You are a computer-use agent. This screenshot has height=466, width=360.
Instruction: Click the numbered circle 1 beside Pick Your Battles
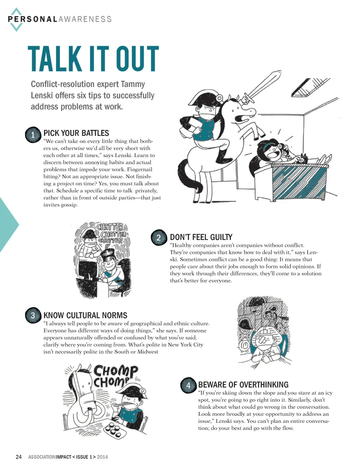(x=33, y=135)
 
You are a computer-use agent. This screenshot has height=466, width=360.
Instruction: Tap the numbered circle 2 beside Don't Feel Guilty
(x=159, y=238)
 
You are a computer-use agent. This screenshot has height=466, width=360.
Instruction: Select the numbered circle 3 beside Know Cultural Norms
(x=33, y=315)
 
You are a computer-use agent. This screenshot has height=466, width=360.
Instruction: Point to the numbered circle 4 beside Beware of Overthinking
(x=188, y=385)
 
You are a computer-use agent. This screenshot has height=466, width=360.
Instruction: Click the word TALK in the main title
(x=55, y=59)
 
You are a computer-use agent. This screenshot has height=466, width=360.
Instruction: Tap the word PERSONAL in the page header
(x=32, y=19)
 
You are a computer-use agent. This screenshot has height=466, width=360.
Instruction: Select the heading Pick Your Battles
(x=76, y=133)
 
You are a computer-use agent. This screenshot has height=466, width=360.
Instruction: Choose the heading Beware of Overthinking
(x=243, y=385)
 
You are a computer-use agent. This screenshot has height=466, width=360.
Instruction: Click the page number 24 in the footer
(x=19, y=457)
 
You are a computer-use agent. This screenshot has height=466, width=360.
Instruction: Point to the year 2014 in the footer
(x=102, y=457)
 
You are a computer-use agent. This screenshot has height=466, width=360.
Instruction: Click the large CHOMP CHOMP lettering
(x=115, y=376)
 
